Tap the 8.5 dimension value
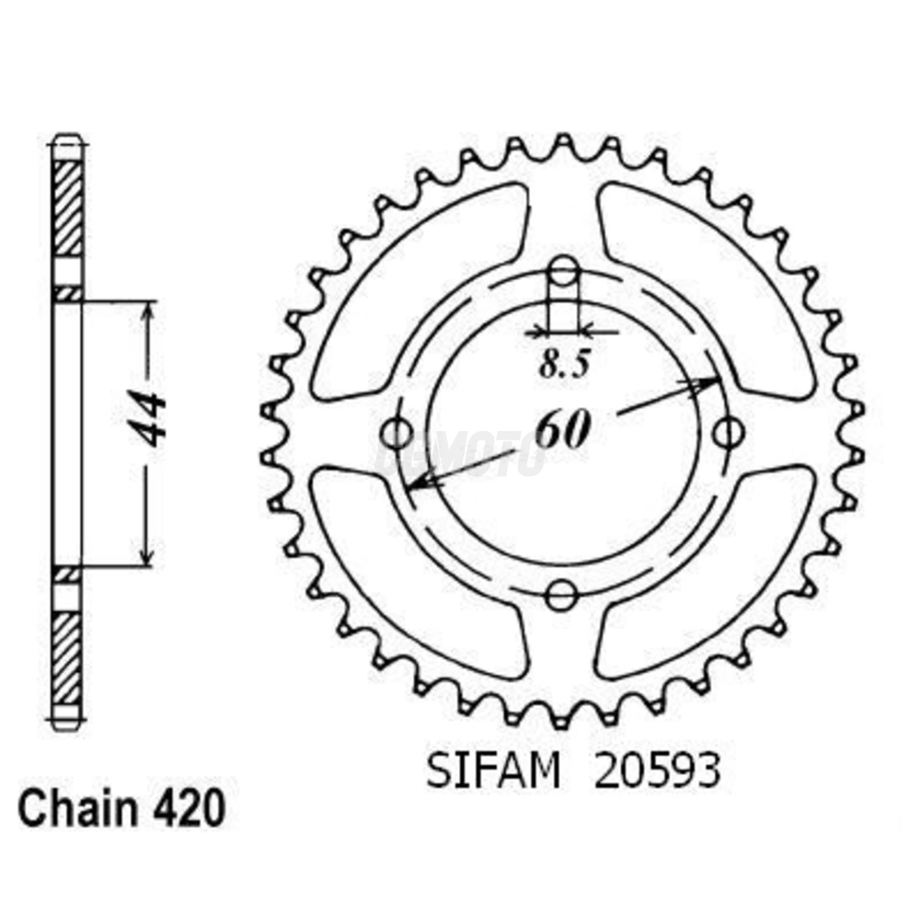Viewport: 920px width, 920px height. coord(564,365)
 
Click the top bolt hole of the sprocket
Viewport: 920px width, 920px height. coord(563,270)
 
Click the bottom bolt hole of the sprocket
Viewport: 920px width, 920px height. coord(562,595)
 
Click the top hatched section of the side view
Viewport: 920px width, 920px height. coord(68,207)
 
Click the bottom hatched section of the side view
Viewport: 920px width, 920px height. coord(68,657)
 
